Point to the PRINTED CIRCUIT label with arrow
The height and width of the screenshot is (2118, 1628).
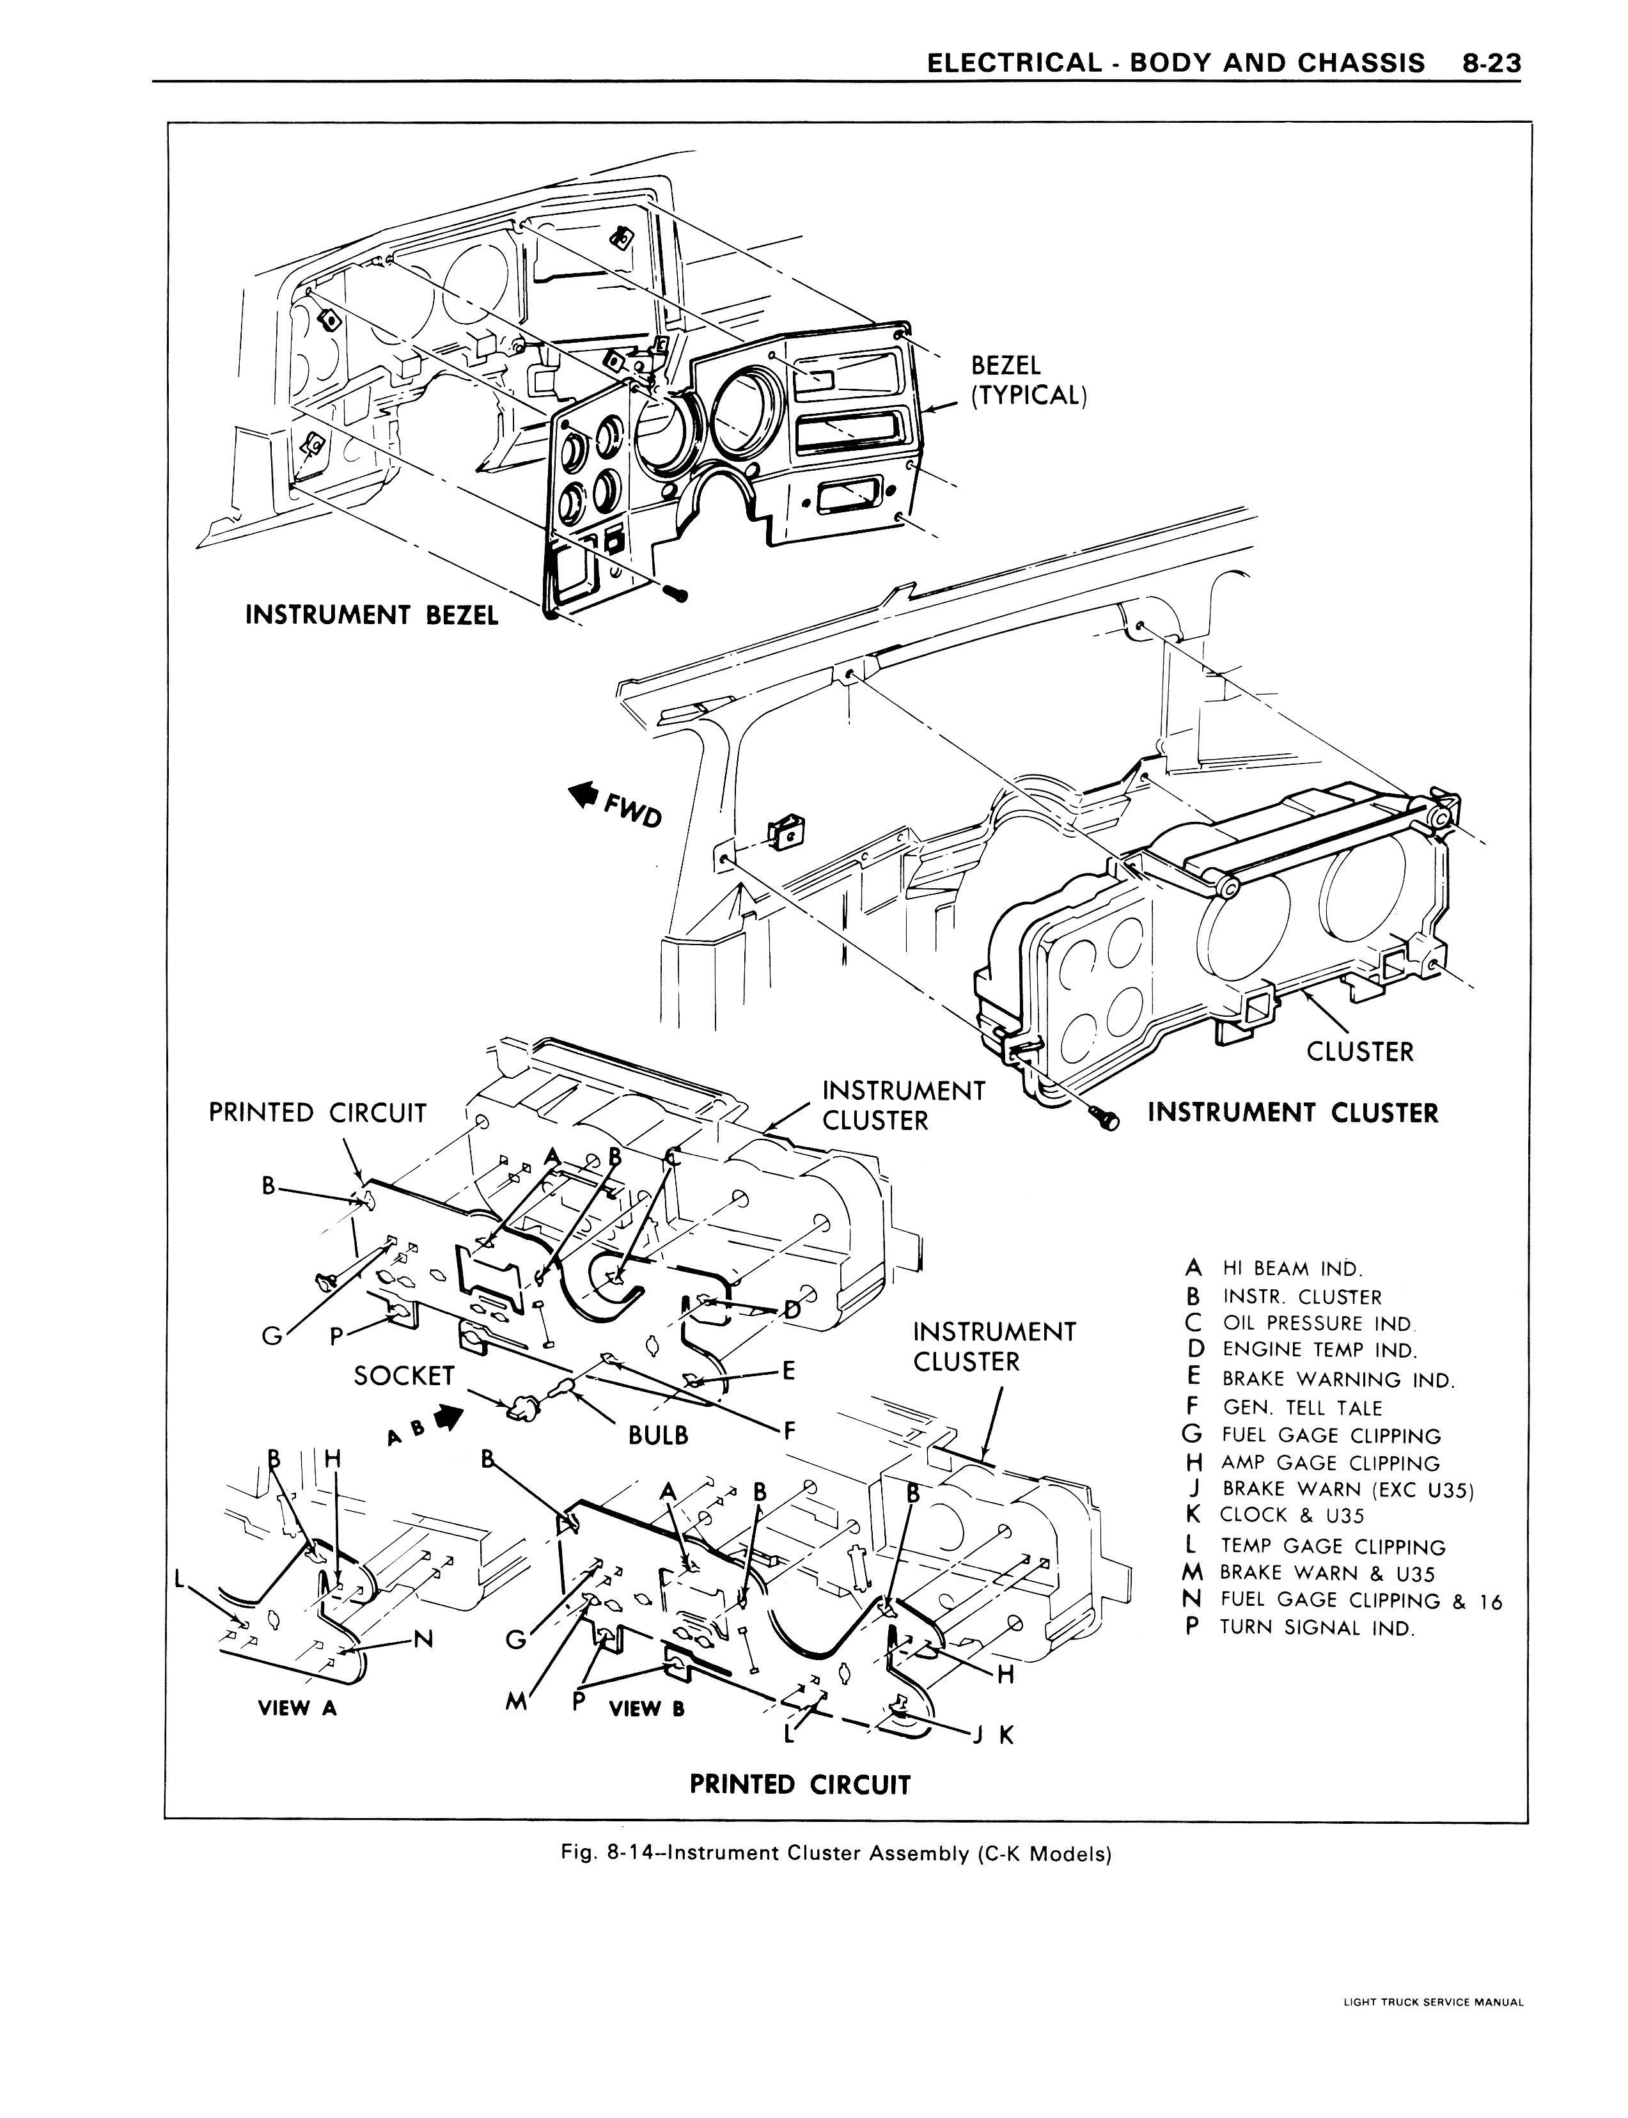pyautogui.click(x=317, y=1112)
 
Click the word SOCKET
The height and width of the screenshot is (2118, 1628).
pyautogui.click(x=404, y=1375)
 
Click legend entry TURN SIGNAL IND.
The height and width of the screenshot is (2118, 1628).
pyautogui.click(x=1316, y=1627)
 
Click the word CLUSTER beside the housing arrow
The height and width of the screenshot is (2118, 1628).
pyautogui.click(x=1359, y=1051)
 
